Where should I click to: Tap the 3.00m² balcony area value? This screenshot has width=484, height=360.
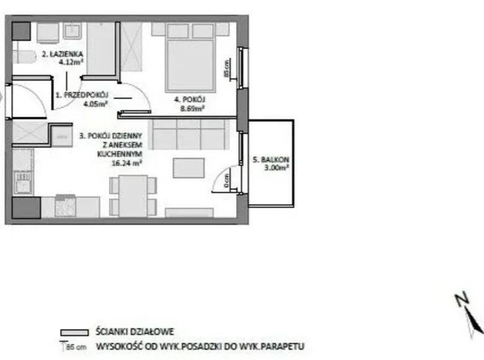(x=274, y=168)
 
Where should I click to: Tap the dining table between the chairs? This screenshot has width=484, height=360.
(x=128, y=195)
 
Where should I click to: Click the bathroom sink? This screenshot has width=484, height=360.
(x=73, y=31)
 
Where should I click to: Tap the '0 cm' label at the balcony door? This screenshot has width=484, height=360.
(x=228, y=181)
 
